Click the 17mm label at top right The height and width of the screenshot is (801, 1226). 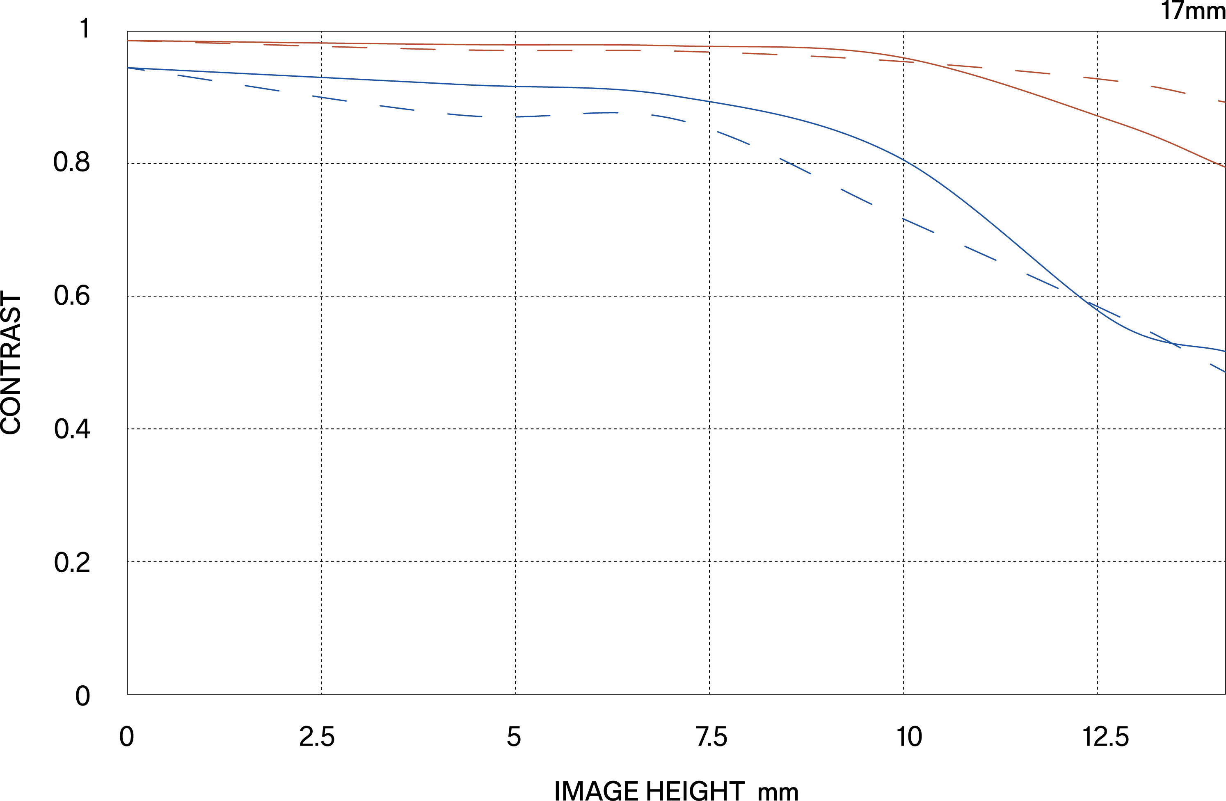1192,11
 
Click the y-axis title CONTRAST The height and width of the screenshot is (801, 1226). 11,363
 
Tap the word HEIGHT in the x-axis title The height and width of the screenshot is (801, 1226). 695,791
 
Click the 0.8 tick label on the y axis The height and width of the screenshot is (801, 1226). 72,163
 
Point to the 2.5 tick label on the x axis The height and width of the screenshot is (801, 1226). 317,737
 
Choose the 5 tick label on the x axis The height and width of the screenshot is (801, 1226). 514,737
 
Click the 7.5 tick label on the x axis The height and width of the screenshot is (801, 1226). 711,737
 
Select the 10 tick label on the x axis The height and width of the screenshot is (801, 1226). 909,737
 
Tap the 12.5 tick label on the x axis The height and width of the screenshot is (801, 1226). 1105,737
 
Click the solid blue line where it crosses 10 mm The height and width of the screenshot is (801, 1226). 903,160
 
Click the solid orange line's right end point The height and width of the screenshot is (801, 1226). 1224,167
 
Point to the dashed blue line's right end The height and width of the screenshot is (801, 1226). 1224,371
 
